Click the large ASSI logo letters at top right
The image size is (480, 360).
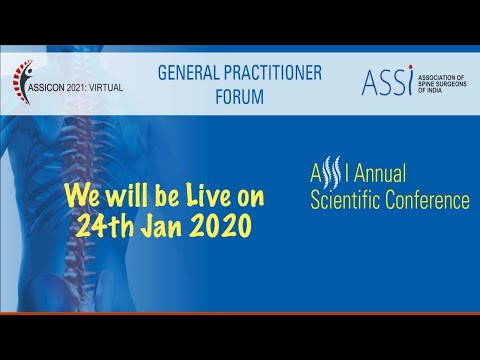coord(385,80)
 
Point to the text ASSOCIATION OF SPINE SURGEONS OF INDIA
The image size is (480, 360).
coord(440,81)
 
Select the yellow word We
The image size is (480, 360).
coord(83,191)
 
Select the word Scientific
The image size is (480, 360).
coord(351,200)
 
